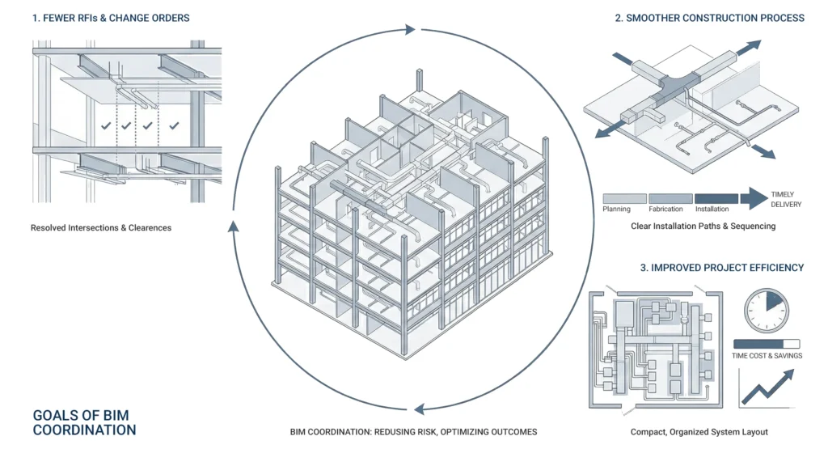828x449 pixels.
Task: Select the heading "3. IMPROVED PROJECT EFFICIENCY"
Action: (722, 268)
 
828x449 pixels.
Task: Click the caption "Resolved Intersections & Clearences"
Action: (101, 228)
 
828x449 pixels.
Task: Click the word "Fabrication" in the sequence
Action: (670, 210)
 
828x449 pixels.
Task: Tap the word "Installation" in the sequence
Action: (712, 210)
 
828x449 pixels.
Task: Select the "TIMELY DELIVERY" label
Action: (786, 199)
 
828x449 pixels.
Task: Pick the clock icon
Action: (765, 309)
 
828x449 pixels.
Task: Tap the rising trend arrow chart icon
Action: (766, 387)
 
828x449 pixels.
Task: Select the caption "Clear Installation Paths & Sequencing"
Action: (703, 227)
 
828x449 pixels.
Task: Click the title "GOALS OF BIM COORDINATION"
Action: (84, 422)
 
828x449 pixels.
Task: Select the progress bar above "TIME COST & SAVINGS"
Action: (765, 344)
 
